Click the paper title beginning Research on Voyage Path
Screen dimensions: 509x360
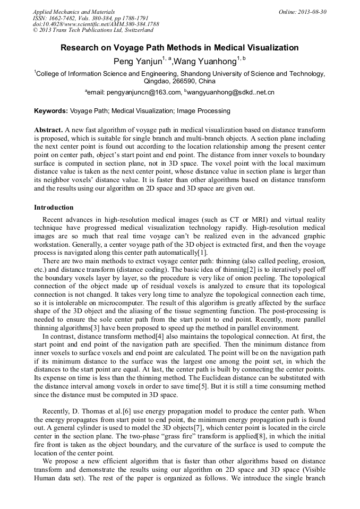tap(179, 48)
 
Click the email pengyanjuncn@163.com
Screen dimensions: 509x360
tap(144, 92)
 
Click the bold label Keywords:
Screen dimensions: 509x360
tap(51, 111)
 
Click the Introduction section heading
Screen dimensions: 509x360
tap(54, 207)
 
